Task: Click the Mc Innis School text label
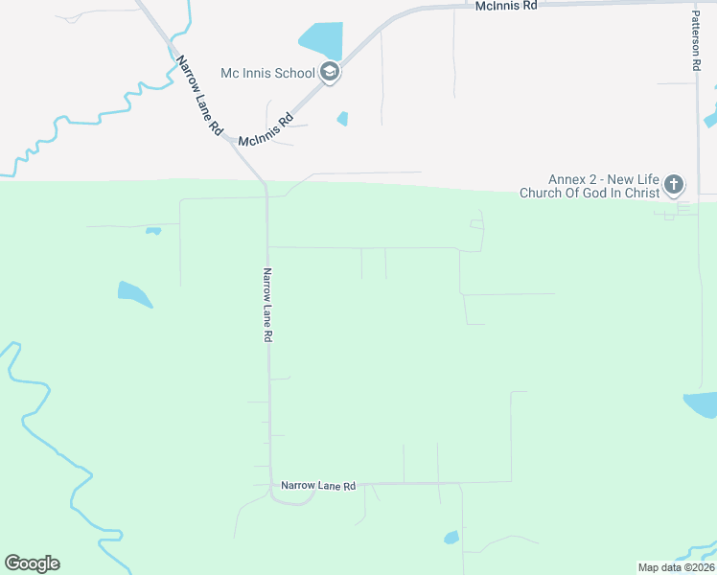267,73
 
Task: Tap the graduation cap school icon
329,71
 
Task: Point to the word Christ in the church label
641,193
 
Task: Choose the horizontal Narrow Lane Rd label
318,487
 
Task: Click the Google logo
32,563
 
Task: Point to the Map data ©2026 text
676,567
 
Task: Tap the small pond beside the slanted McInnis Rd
342,119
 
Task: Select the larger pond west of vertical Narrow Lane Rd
133,294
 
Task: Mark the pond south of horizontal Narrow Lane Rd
451,538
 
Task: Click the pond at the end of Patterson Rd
701,404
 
